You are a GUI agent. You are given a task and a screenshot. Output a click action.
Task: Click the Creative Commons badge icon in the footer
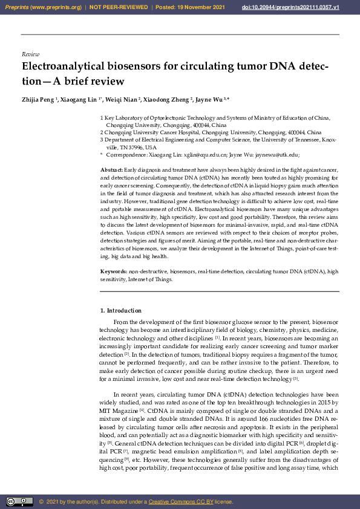click(19, 501)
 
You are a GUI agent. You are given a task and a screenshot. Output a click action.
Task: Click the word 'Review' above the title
click(30, 54)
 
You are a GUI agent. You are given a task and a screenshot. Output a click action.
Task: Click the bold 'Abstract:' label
click(111, 171)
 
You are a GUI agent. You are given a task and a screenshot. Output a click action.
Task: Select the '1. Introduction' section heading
click(120, 311)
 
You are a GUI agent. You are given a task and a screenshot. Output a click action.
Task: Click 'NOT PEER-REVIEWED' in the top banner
click(119, 7)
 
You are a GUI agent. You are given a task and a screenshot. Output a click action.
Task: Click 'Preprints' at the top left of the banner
click(16, 7)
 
